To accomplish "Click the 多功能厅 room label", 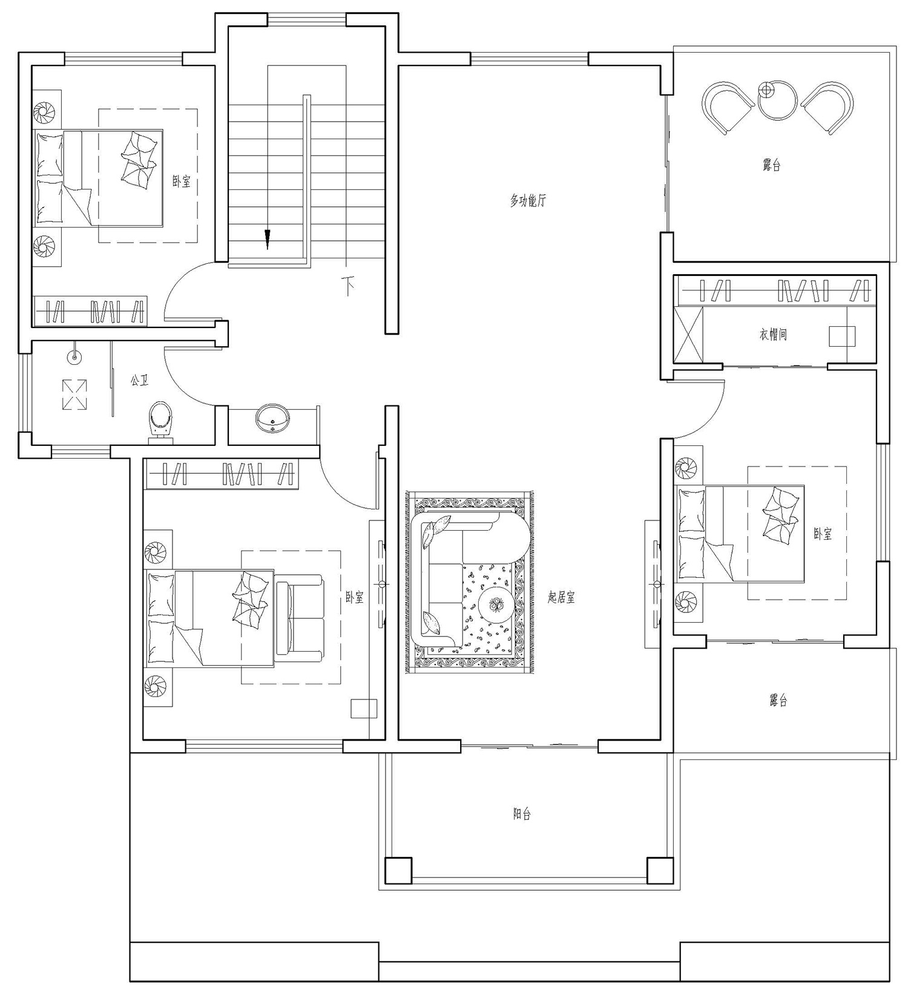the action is [x=527, y=200].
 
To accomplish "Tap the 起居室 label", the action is [x=561, y=598].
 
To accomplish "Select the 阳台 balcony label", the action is [x=522, y=814].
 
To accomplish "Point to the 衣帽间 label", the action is [x=773, y=334].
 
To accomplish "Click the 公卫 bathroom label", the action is [x=139, y=381].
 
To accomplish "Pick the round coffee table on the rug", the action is [x=496, y=603].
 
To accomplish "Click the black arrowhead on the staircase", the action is [x=268, y=240].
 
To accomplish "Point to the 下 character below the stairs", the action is [x=348, y=286].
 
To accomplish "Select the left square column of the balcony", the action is [x=398, y=870].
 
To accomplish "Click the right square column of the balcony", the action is [x=660, y=870].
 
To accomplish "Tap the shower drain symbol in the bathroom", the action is [x=74, y=395].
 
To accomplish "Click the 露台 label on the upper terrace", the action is [x=771, y=165].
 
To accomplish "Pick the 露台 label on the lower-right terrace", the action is [x=778, y=701].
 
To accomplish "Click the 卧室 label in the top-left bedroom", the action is [x=182, y=181].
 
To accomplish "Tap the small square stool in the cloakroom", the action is [x=842, y=336].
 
